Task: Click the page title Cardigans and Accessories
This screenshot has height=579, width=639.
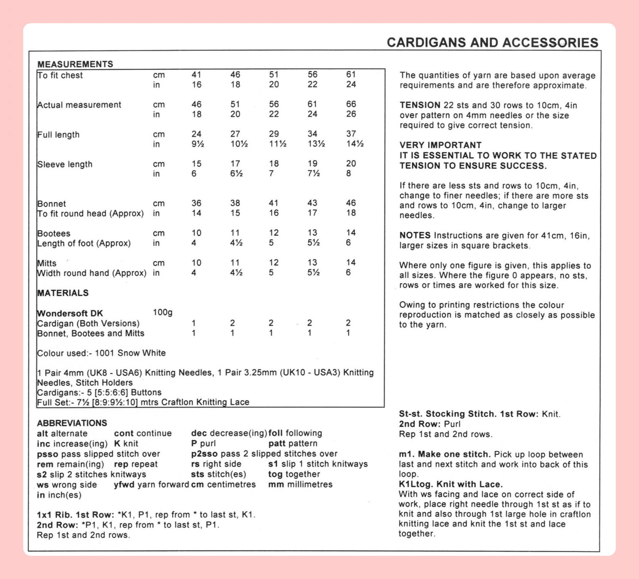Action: point(492,42)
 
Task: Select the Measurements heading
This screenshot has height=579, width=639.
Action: point(75,64)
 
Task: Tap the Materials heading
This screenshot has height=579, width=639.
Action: point(63,293)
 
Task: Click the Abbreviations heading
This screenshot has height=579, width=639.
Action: point(72,423)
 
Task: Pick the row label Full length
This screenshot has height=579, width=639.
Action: point(58,135)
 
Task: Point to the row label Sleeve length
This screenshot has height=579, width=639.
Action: point(65,164)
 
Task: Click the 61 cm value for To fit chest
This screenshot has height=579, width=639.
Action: point(351,75)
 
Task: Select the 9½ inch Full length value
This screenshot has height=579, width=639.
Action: point(197,144)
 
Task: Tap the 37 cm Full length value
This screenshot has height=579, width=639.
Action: point(351,134)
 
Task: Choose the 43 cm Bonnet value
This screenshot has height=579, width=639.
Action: point(312,203)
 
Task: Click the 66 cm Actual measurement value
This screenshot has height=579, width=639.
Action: point(351,104)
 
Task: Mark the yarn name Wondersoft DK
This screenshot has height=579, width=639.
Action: point(70,313)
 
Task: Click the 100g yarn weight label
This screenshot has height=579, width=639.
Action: point(163,312)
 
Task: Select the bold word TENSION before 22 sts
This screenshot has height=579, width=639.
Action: point(420,105)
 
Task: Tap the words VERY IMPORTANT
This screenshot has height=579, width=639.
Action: point(440,145)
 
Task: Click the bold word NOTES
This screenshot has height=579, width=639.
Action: point(415,236)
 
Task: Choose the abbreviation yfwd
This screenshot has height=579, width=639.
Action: point(124,485)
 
